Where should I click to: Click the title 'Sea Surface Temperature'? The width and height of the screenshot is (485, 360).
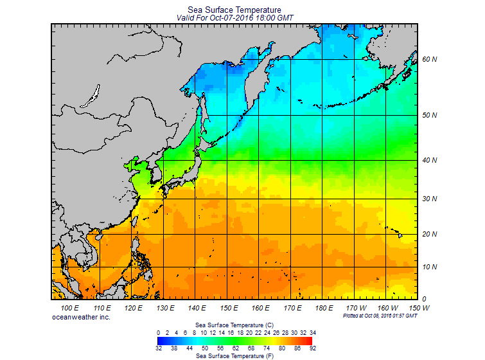coord(234,10)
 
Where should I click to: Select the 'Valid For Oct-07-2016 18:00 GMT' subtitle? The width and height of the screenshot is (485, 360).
coord(234,18)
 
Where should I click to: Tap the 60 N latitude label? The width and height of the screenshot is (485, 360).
coord(430,60)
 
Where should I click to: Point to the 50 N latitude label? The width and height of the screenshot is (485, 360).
coord(430,116)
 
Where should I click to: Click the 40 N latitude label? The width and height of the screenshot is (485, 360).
coord(430,160)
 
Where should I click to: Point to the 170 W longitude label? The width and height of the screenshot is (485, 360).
coord(358,309)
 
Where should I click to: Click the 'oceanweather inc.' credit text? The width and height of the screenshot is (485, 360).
coord(81,317)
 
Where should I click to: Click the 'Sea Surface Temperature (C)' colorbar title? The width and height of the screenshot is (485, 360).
coord(234,325)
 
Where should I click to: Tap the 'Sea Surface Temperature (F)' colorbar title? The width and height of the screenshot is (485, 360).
coord(234,355)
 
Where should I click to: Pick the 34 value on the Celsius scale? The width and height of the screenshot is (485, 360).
coord(312,332)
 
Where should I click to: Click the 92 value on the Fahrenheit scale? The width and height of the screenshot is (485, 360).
coord(312,348)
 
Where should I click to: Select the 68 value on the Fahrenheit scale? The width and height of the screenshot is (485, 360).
coord(250,348)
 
